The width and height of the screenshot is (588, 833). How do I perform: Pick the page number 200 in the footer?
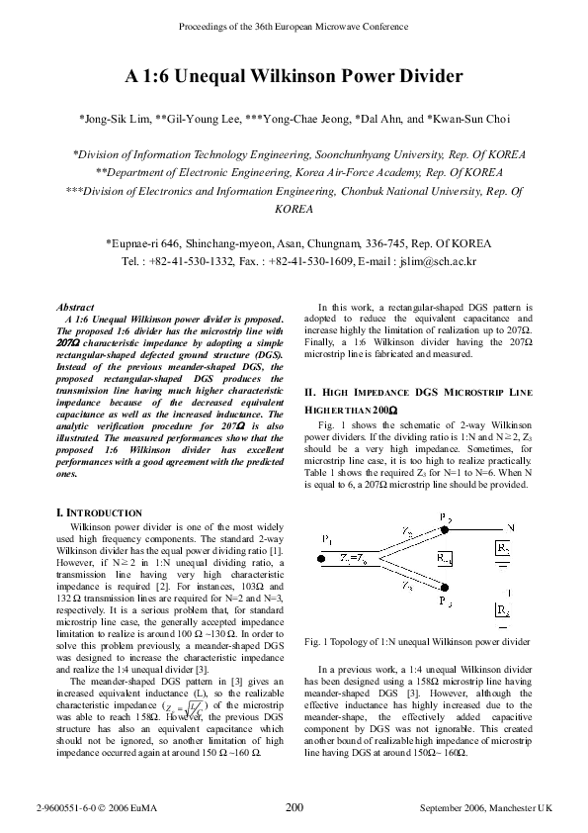point(294,808)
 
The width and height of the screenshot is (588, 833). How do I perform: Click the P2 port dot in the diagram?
point(444,529)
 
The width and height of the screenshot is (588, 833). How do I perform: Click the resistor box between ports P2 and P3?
point(444,559)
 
